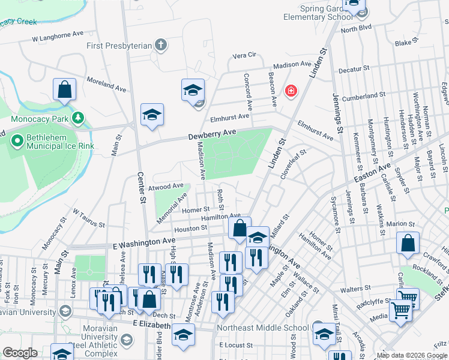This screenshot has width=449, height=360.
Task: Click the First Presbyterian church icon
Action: coord(160,45)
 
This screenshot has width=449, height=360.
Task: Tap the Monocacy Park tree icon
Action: coord(77,118)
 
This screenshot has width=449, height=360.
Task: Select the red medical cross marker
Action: coord(291,91)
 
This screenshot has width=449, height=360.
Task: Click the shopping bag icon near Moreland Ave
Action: coord(64,90)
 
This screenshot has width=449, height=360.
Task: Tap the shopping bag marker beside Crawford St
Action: coord(408,244)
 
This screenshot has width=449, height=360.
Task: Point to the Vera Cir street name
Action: coord(244,55)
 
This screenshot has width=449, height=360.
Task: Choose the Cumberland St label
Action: coord(364,95)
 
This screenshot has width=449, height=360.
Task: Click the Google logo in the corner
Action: coord(20,353)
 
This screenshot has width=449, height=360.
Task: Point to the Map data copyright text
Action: coord(412,355)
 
